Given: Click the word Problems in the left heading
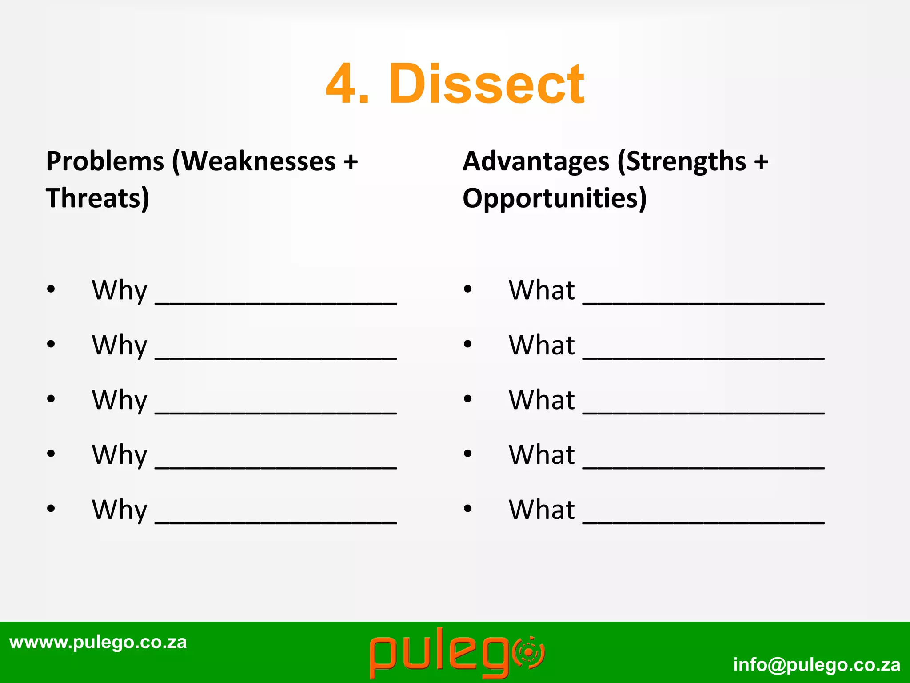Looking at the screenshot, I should click(105, 161).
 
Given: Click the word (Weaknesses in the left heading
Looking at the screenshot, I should click(254, 161).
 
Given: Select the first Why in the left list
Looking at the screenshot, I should click(119, 291).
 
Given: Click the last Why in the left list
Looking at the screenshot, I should click(119, 510).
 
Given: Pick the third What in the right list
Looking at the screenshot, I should click(542, 400).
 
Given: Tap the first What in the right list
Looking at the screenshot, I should click(542, 290).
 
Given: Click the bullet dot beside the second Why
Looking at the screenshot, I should click(51, 344).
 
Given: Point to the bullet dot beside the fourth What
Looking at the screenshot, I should click(467, 454).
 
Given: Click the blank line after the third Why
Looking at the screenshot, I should click(275, 412).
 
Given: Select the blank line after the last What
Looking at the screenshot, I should click(703, 522).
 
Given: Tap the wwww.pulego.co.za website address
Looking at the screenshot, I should click(98, 642).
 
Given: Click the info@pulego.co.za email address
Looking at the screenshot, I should click(817, 664).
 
